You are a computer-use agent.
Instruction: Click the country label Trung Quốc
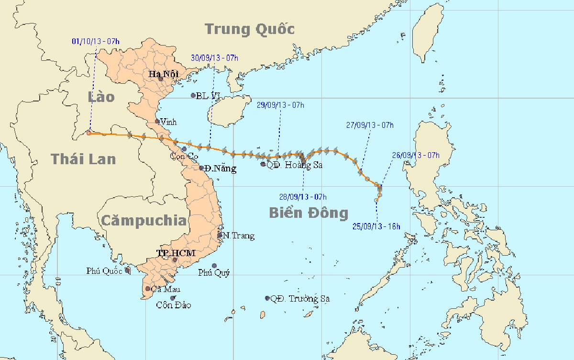point(250,29)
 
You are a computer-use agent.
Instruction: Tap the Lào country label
point(101,97)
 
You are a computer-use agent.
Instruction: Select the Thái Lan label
point(84,159)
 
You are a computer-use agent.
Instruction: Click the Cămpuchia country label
point(143,220)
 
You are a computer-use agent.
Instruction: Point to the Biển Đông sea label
point(308,213)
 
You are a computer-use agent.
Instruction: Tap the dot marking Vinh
point(157,122)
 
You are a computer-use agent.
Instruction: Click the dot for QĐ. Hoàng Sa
point(263,164)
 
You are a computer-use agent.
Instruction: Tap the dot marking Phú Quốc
point(127,270)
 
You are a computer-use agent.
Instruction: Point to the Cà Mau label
point(165,289)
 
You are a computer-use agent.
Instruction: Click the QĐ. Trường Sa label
point(300,299)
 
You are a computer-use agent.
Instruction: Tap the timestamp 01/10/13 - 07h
point(96,42)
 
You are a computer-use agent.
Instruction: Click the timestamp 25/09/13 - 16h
point(376,226)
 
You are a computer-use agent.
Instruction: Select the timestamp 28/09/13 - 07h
point(303,197)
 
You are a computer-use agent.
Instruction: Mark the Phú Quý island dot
point(214,266)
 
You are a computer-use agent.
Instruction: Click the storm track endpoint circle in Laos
point(89,133)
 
